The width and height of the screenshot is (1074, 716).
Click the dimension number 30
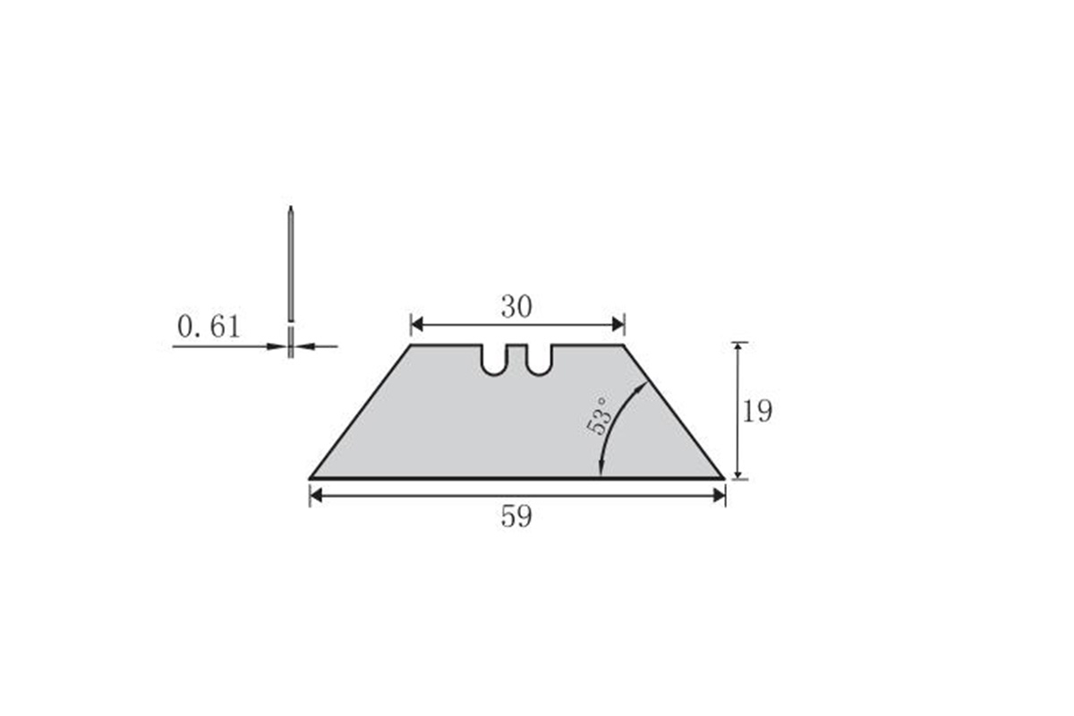[516, 307]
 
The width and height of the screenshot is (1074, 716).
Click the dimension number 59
[516, 516]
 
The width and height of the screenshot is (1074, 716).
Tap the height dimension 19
[757, 411]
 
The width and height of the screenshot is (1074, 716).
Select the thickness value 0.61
[209, 327]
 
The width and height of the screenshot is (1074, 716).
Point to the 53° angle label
[600, 416]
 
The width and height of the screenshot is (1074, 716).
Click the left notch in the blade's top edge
[493, 360]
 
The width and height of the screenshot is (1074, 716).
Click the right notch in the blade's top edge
[539, 360]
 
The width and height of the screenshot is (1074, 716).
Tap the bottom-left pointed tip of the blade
[310, 478]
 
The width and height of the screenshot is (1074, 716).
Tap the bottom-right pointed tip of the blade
[724, 478]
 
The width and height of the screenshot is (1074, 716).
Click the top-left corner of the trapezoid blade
[411, 345]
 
